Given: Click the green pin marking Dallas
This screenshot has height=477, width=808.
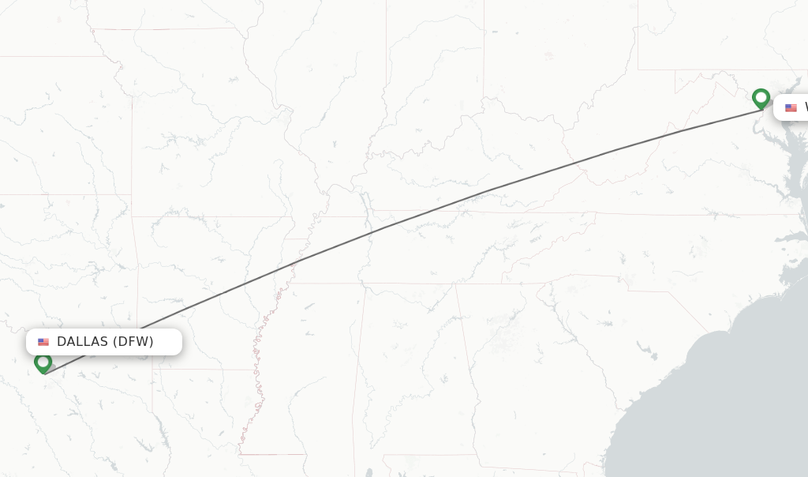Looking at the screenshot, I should tap(43, 362).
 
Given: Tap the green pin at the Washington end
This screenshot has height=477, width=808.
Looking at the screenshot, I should tap(761, 99).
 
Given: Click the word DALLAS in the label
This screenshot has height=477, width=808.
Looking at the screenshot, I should tap(82, 342).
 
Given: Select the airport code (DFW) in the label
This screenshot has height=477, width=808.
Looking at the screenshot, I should tap(133, 342).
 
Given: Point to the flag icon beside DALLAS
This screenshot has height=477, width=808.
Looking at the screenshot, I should tap(43, 342).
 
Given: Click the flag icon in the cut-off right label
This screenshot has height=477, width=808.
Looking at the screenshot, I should tap(791, 107).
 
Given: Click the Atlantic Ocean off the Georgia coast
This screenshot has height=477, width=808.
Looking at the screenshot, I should tap(710, 411).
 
